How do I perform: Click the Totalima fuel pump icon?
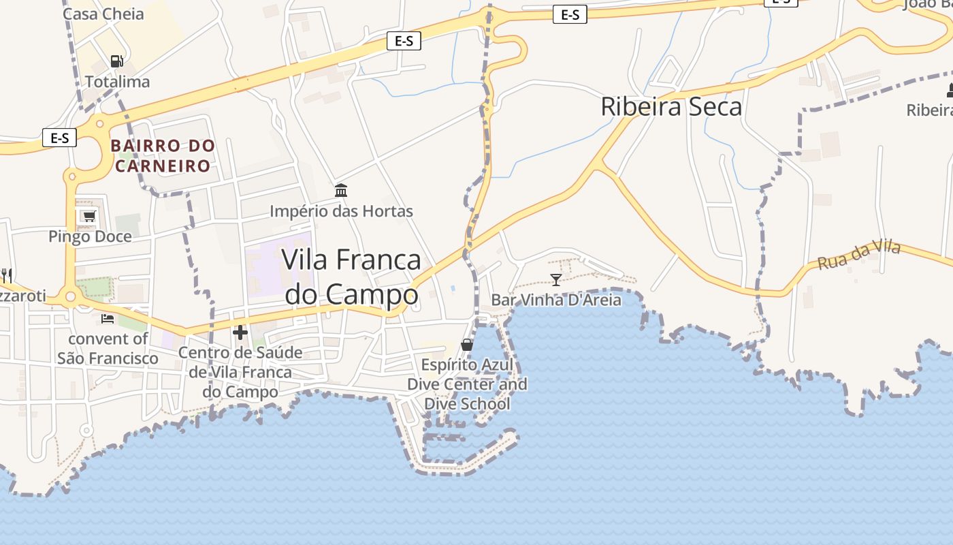point(117,61)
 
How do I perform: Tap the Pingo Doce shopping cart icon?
point(88,217)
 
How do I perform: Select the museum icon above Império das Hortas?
point(341,190)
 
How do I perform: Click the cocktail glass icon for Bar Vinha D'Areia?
point(556,279)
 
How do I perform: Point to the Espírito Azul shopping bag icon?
point(467,345)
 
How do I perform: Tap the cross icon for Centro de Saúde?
point(240,332)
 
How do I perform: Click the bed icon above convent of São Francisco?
point(108,318)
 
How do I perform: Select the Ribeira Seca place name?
point(671,107)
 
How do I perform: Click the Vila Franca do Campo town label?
point(351,277)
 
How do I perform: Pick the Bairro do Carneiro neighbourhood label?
point(163,155)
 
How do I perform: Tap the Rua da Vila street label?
point(859,254)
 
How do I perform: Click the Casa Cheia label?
point(103,14)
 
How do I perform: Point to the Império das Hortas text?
point(341,211)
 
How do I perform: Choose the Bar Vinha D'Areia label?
point(556,300)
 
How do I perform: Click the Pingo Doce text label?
point(90,236)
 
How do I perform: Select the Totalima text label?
point(117,82)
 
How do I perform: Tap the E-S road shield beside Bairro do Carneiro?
point(60,138)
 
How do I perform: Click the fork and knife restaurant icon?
point(7,275)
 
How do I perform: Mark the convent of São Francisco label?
point(108,348)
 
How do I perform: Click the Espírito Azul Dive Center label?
point(467,384)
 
